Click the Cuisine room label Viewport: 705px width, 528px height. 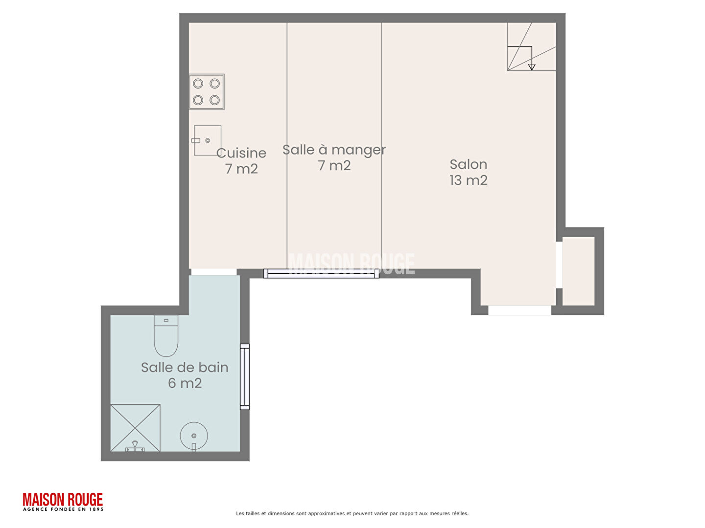pos(241,153)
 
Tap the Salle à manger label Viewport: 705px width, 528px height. pos(333,150)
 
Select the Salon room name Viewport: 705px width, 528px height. pos(468,164)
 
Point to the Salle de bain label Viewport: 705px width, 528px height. pos(185,367)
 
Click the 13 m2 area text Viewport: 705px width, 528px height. pos(468,180)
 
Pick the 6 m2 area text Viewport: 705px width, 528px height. pos(185,383)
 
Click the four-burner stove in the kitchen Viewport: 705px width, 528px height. pos(206,92)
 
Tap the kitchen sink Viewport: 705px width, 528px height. pos(207,140)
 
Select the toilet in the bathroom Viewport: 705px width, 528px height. pos(166,336)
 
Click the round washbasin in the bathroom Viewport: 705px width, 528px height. pos(194,436)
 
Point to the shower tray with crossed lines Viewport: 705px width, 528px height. pos(135,428)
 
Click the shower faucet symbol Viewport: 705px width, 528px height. pos(135,446)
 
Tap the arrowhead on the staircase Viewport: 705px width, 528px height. pos(531,67)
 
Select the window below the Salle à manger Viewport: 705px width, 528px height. pos(321,273)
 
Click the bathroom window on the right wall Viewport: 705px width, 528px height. pos(244,376)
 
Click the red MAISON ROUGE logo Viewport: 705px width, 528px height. pos(63,500)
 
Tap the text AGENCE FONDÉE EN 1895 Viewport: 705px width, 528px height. pos(63,509)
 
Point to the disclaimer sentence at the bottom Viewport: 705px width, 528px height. pos(352,513)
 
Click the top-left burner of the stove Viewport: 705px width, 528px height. pos(198,84)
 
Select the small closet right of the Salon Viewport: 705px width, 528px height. pos(578,271)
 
